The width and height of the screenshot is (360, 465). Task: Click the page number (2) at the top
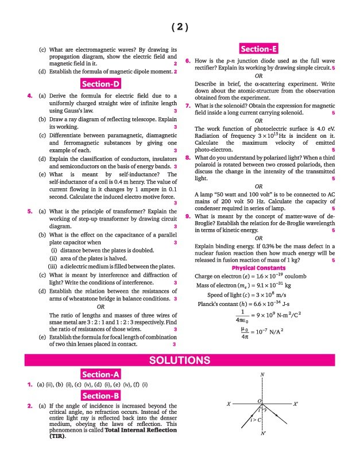(180, 27)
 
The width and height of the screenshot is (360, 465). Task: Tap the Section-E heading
(260, 49)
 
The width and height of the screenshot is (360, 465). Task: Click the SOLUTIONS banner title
(180, 361)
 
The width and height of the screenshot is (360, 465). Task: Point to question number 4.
(29, 95)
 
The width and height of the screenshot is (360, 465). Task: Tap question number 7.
(188, 106)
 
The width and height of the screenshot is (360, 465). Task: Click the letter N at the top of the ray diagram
(262, 375)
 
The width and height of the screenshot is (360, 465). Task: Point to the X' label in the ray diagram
(296, 404)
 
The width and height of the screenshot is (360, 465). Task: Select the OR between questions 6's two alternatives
(260, 76)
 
